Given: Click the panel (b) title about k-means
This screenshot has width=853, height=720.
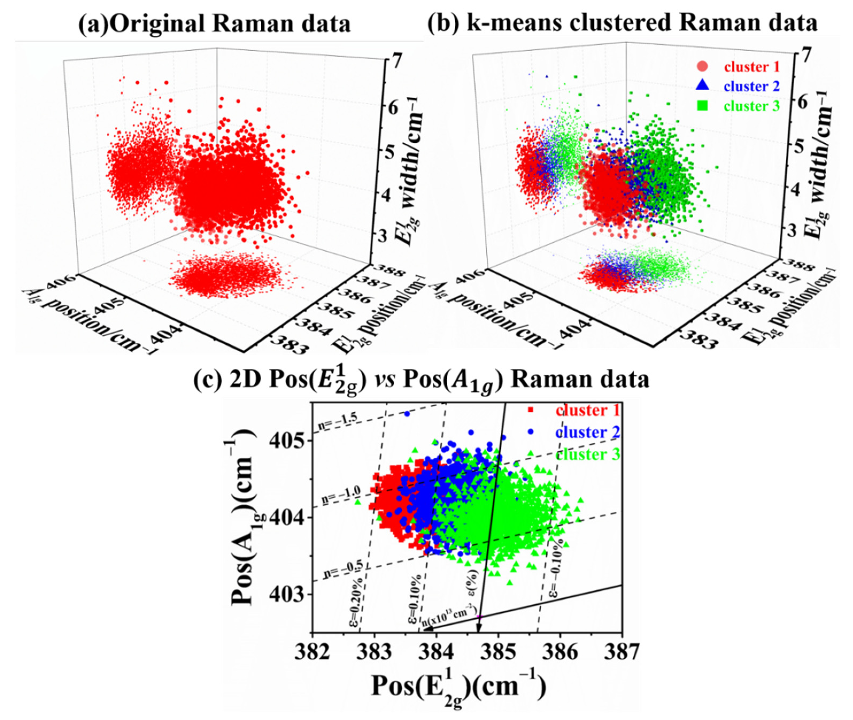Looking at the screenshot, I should [x=622, y=23].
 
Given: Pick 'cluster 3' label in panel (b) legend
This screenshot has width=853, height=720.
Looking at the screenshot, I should [x=751, y=106].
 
